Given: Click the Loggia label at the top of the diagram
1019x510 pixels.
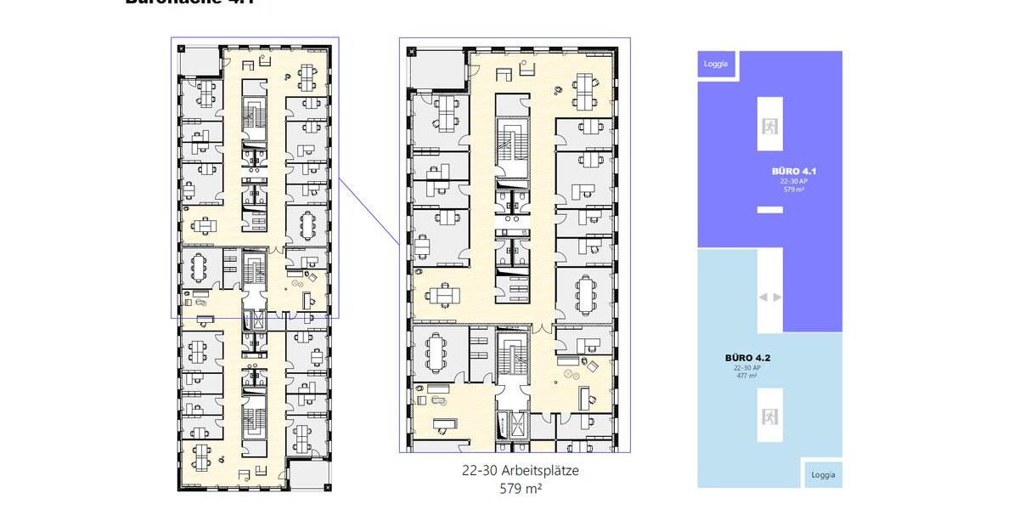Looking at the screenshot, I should pos(716,64).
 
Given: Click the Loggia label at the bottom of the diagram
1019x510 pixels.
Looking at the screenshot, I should pos(824,474).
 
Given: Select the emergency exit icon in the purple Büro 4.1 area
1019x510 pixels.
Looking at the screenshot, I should pos(770,126).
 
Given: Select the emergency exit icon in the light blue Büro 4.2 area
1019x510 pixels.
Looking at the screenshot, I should pos(770,416).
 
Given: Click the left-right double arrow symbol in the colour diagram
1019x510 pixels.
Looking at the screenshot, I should pos(769,297).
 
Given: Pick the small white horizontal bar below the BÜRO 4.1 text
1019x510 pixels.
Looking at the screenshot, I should pos(770,209).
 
